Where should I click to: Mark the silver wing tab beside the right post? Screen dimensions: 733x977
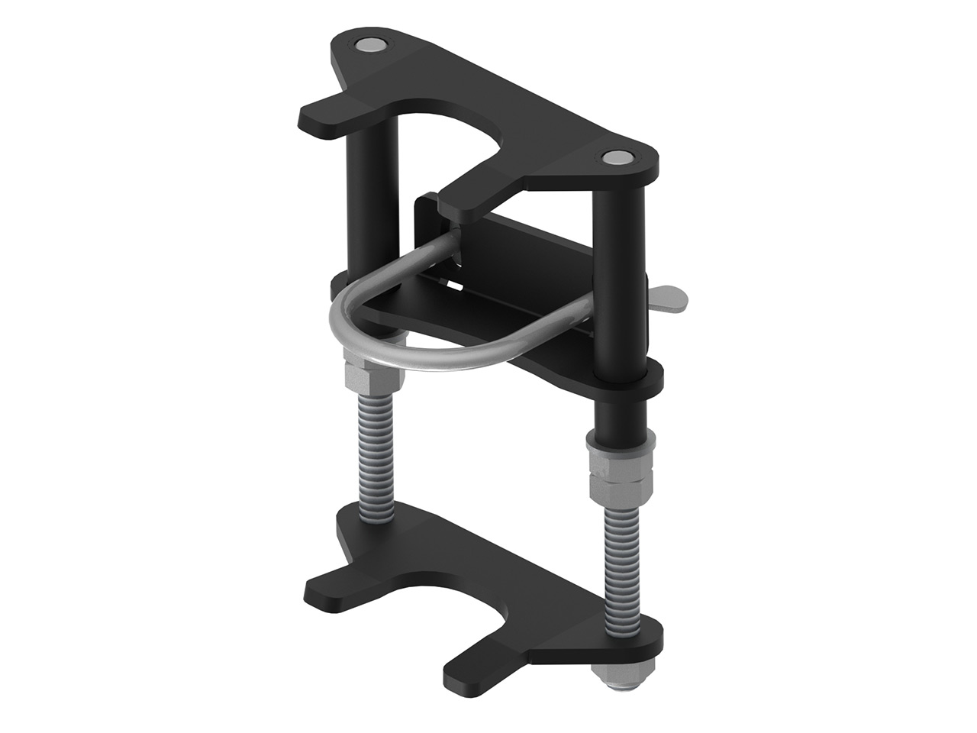click(672, 299)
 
